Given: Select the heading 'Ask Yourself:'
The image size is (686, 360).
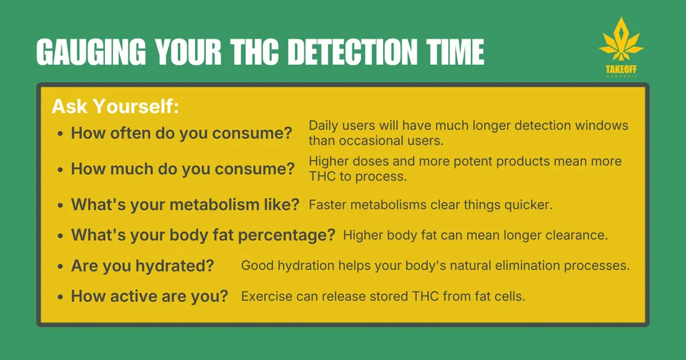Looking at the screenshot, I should [x=115, y=107].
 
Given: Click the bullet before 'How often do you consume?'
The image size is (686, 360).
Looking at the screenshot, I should [x=60, y=134].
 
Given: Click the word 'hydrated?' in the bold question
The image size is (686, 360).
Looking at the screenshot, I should [x=178, y=266].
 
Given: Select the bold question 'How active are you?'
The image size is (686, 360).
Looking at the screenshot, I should [x=149, y=296].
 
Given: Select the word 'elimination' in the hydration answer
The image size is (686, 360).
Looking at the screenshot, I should [x=512, y=266].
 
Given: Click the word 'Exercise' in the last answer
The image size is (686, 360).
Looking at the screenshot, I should [x=267, y=296].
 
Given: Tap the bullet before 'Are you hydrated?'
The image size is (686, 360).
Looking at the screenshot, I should [x=60, y=266].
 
